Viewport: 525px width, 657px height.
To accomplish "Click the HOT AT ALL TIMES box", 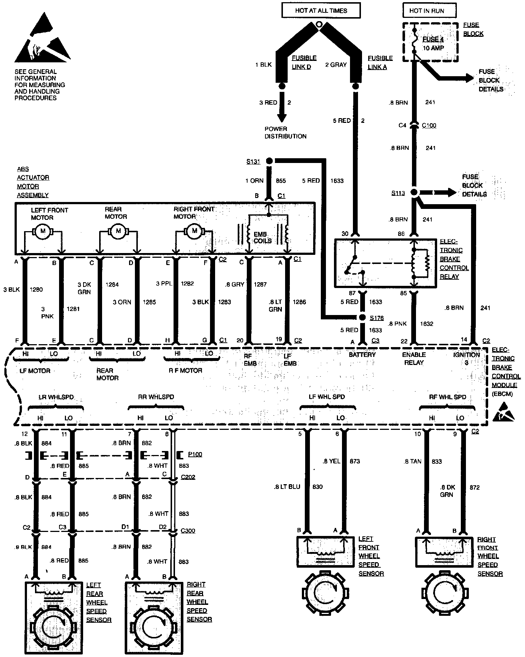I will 321,11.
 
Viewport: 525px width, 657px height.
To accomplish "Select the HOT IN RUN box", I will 429,11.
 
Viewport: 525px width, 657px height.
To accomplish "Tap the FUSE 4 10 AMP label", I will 433,44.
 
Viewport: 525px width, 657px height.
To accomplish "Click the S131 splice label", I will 253,162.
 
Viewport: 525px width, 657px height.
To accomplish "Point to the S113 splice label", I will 398,193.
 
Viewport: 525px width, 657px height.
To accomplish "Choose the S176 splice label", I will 377,318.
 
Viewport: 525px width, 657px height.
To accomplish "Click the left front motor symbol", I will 43,231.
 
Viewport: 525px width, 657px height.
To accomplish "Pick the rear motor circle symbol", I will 118,231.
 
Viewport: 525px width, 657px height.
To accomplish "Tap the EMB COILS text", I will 262,237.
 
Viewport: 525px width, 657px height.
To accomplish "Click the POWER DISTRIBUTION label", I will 285,133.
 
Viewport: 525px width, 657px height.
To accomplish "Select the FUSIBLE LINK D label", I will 304,62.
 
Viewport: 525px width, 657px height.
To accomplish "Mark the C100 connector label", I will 429,125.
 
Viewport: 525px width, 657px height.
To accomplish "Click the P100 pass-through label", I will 195,455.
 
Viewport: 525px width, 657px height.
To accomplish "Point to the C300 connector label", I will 188,530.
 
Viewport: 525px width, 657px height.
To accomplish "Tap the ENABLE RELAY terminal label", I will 413,358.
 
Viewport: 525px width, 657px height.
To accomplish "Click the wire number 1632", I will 427,323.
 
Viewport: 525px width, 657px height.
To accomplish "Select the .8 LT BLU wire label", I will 287,487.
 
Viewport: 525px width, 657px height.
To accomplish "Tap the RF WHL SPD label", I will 447,397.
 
